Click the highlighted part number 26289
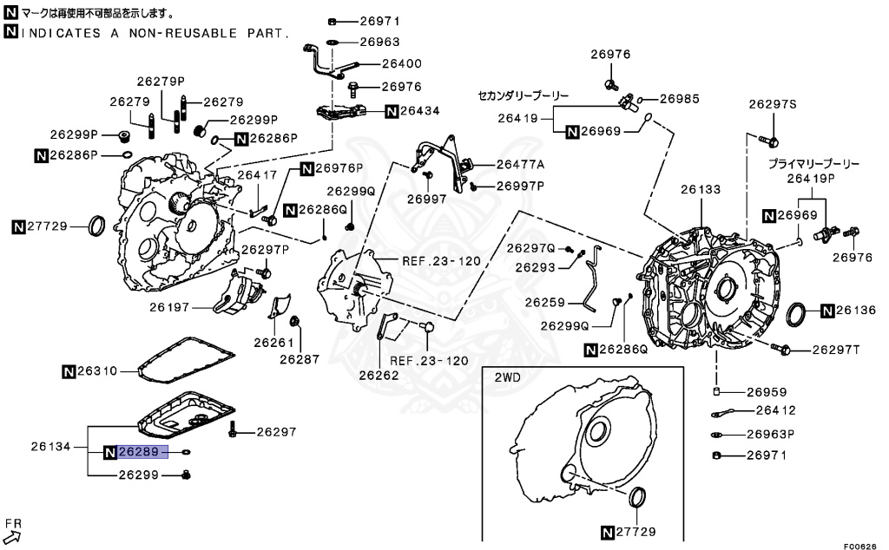137,452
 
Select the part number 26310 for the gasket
95,371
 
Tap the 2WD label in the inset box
508,378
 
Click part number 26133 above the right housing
700,188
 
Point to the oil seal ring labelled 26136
796,314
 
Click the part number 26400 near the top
402,64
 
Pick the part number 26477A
521,164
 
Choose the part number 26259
545,303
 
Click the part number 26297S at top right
773,105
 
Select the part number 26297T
835,350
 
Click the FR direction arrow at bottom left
12,532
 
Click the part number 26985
679,99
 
